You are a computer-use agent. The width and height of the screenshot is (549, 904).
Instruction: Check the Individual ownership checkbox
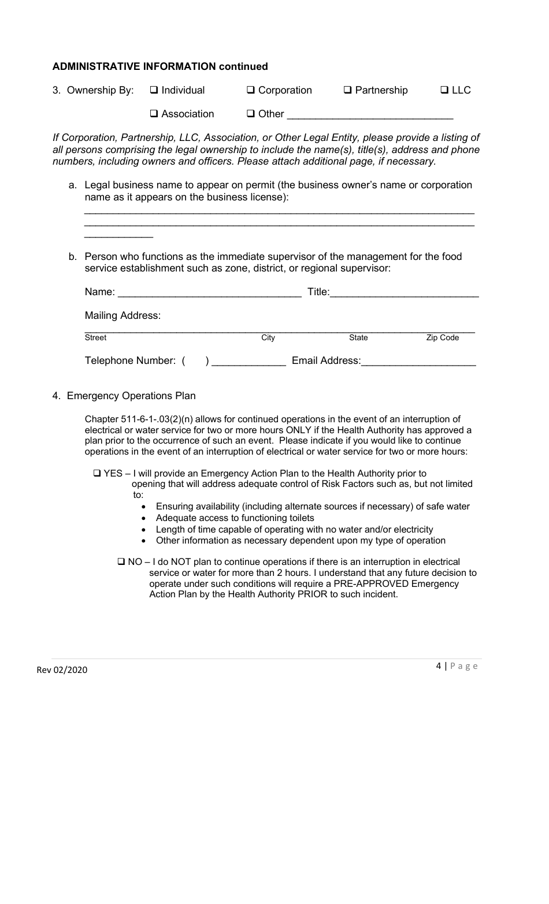(x=154, y=91)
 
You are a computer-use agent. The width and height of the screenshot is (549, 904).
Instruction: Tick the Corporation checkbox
(x=251, y=91)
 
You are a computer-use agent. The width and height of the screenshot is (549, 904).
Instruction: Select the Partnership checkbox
(x=348, y=91)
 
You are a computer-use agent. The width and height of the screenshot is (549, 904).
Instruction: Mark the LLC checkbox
(x=444, y=91)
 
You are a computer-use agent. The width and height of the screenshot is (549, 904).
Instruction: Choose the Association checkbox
(x=154, y=114)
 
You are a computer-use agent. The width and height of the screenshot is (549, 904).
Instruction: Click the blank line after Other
(x=370, y=115)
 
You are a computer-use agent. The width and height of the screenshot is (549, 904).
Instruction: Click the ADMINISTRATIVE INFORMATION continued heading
(x=160, y=66)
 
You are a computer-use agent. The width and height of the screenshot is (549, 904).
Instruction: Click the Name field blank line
(x=209, y=293)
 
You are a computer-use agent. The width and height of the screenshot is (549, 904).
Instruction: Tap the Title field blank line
(x=404, y=293)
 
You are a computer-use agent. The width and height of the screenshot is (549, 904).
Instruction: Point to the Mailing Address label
(x=123, y=315)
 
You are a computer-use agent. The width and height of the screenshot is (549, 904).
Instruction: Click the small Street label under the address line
(x=95, y=338)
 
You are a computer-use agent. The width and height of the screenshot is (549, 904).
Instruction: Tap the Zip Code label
(x=442, y=338)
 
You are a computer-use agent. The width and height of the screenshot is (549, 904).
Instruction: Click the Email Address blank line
(x=418, y=362)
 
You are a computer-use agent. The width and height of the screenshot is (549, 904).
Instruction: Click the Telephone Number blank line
(x=249, y=362)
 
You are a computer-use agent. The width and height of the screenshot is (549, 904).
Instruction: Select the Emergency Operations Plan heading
(x=131, y=396)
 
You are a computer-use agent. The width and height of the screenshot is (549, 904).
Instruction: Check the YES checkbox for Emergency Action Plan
(x=97, y=474)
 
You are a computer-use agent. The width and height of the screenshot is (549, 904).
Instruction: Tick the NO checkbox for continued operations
(x=121, y=562)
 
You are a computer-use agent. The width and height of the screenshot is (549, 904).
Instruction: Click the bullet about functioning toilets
(x=235, y=518)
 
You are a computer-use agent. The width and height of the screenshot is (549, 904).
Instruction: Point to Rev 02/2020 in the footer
(x=62, y=669)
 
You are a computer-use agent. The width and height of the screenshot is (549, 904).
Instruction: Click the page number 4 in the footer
(x=439, y=665)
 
